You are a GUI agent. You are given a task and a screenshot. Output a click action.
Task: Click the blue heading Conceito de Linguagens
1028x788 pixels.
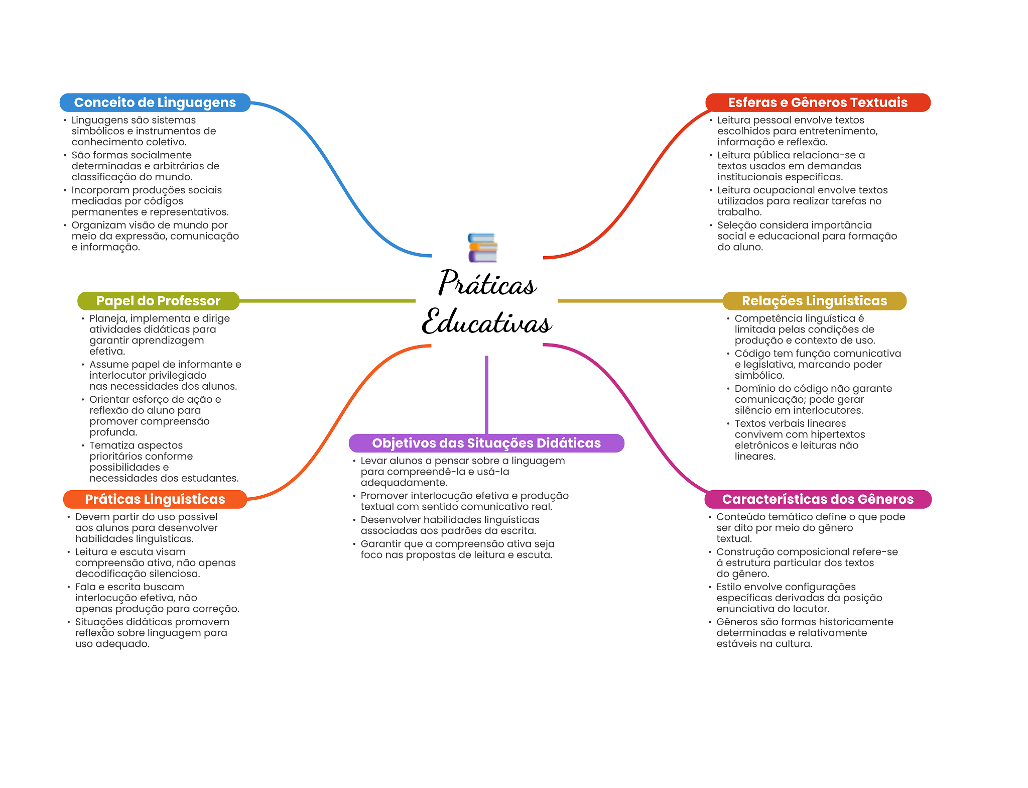[x=155, y=102]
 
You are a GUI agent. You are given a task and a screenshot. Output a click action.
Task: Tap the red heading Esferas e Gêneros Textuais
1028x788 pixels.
[x=818, y=102]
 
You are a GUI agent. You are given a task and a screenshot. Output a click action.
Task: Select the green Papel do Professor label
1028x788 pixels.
[x=158, y=301]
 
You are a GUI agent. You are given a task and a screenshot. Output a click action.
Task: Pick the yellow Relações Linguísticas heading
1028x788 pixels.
[x=814, y=301]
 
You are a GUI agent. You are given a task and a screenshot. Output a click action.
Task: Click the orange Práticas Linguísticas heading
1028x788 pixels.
[x=155, y=499]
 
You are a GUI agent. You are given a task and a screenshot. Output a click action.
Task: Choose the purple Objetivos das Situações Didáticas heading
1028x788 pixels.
[x=486, y=443]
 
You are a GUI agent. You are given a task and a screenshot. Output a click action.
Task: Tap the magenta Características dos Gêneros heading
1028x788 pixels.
[x=818, y=499]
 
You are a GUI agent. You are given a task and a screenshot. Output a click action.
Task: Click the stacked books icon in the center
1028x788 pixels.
[x=482, y=248]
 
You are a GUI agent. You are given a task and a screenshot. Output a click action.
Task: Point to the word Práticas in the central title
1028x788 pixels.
[x=487, y=283]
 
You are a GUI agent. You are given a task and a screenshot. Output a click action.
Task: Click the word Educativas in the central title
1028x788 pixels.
[x=487, y=321]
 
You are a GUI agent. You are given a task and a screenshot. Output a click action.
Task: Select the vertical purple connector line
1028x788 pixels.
[x=486, y=395]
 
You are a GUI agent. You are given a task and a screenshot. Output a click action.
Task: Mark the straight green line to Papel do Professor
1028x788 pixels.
[x=327, y=301]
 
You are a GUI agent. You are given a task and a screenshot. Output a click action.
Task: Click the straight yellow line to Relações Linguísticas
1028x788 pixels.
[x=640, y=301]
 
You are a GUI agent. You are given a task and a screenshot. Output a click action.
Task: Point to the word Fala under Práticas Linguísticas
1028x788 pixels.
[x=86, y=587]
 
